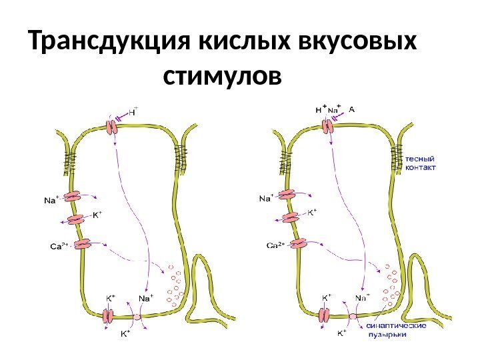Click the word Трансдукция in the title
tap(110, 43)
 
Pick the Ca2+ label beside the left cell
tap(60, 245)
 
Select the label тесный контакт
tap(421, 163)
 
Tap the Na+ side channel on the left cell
tap(73, 197)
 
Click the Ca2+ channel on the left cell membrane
tap(83, 244)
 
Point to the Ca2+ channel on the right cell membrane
tap(297, 244)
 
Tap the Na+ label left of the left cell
tap(51, 198)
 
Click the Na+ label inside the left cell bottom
tap(145, 298)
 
